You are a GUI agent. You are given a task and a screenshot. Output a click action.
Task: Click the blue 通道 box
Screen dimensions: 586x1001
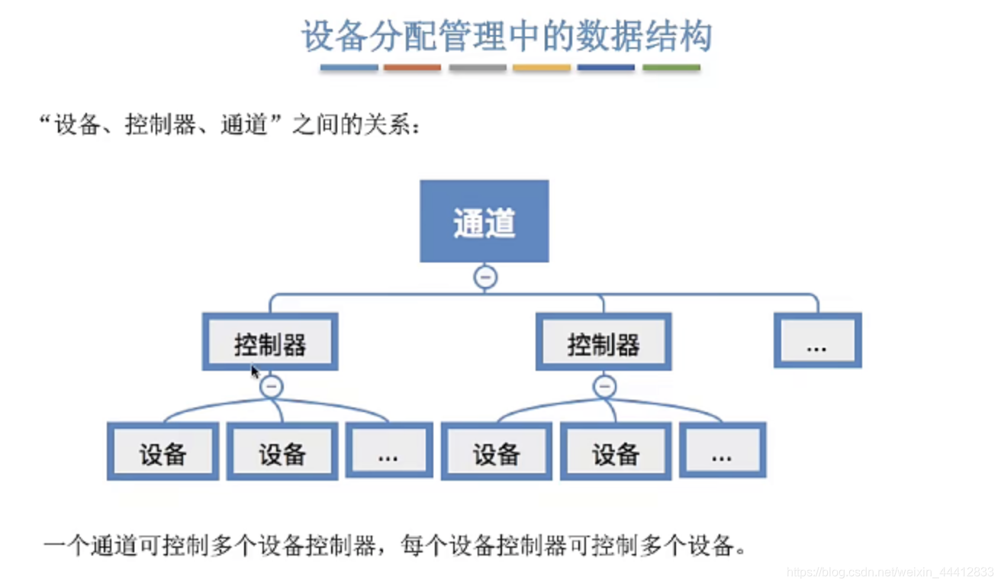(x=484, y=221)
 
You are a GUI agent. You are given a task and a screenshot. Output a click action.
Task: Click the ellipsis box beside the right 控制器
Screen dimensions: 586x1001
(x=817, y=340)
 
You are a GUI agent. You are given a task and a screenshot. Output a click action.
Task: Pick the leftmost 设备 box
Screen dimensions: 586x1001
(x=163, y=452)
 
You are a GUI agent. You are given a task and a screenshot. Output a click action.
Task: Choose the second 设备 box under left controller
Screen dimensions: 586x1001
(x=282, y=452)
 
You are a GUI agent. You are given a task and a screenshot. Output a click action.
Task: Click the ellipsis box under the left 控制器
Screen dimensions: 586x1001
(x=388, y=452)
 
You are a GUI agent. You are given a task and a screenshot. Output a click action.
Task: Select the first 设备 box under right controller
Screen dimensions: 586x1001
(x=496, y=452)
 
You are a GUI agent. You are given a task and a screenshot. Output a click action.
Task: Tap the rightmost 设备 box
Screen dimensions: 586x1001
(x=616, y=452)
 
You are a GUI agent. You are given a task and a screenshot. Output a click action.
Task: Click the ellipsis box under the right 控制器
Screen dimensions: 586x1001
(x=722, y=452)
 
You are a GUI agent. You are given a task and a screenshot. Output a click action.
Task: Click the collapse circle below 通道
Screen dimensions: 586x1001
(x=485, y=277)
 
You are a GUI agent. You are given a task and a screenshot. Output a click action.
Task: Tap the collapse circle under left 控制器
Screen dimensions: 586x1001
(x=271, y=386)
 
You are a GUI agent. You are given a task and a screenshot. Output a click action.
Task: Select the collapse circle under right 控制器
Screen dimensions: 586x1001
(x=605, y=386)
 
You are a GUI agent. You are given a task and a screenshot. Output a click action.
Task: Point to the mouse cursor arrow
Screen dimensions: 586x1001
(x=255, y=371)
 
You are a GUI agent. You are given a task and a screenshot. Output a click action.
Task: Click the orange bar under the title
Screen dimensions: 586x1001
(x=412, y=68)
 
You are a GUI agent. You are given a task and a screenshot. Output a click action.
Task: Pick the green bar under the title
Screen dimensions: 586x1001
(x=671, y=68)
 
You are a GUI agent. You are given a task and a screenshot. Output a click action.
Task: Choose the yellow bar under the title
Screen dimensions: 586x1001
(x=542, y=68)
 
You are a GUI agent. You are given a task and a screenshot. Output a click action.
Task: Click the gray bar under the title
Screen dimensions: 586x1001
(x=478, y=68)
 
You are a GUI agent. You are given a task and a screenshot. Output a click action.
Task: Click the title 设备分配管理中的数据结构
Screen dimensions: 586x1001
(x=507, y=36)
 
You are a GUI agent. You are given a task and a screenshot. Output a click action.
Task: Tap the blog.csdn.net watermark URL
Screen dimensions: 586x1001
(x=890, y=572)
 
